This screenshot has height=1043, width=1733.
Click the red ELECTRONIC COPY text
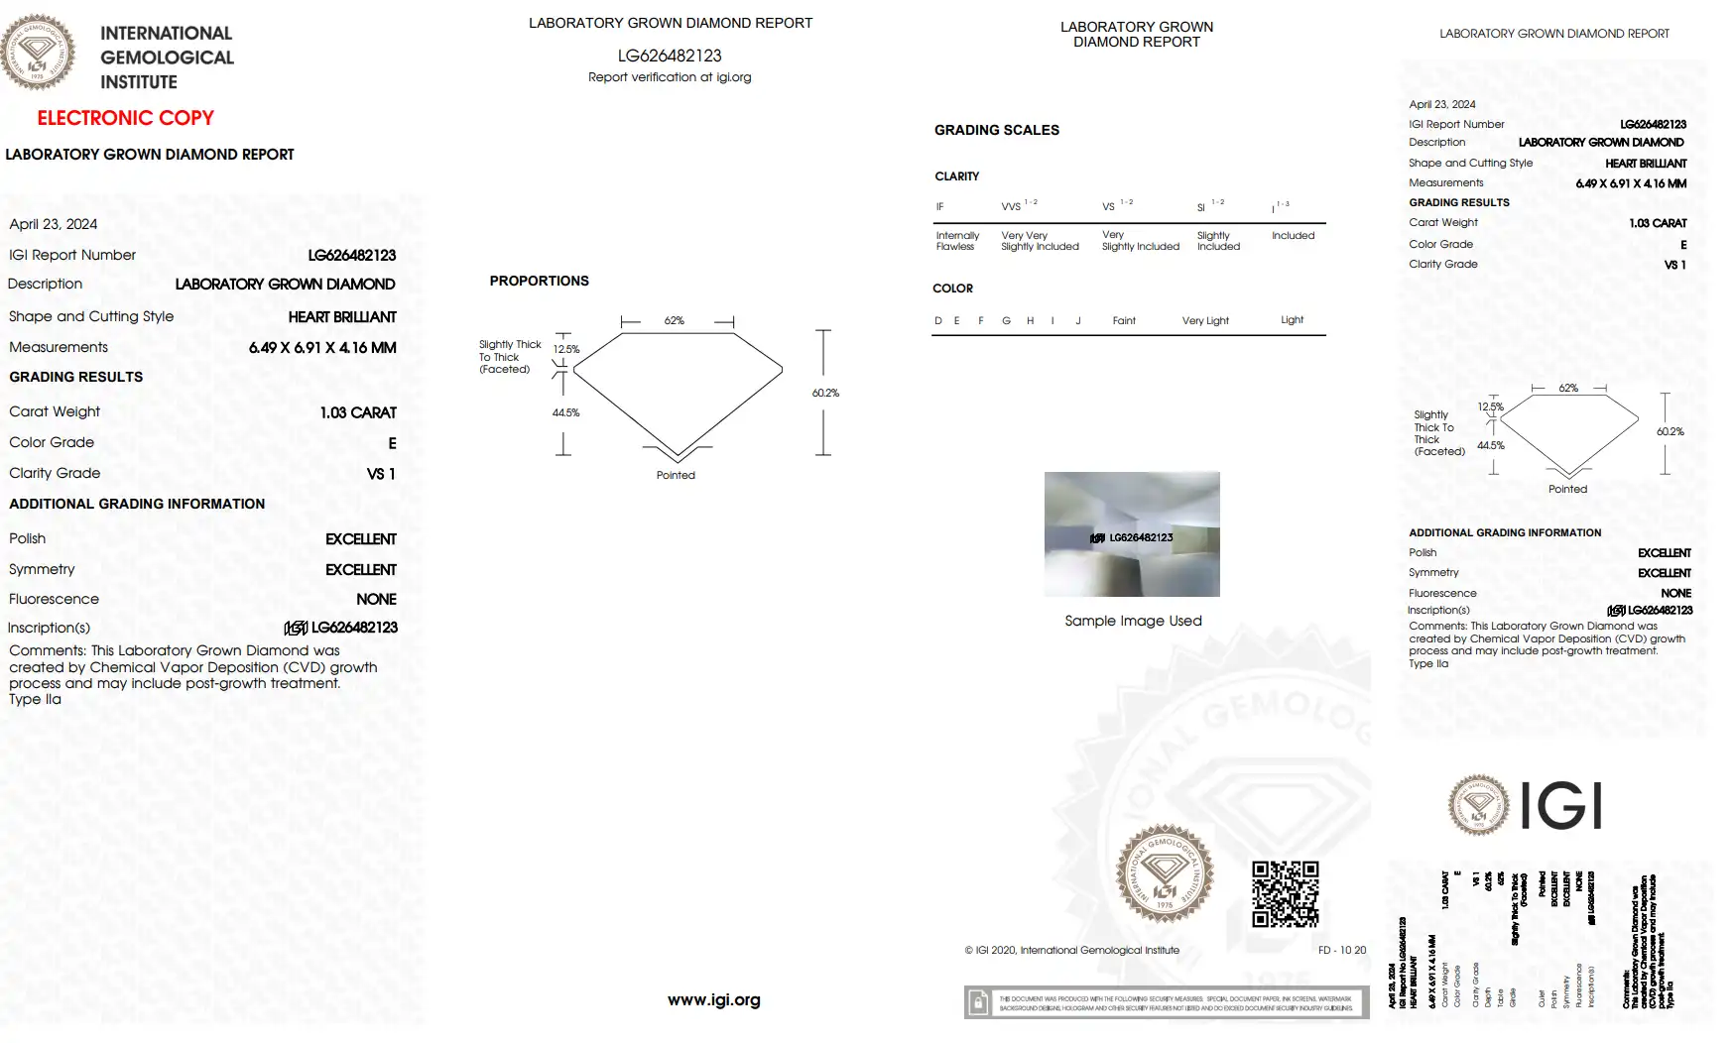pos(125,118)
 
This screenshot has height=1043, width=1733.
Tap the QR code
pos(1285,893)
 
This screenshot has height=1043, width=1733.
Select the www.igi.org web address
pos(713,1000)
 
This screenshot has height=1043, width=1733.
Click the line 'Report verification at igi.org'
pos(670,77)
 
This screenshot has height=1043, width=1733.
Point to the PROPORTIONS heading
pos(539,282)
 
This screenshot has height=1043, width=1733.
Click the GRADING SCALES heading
pos(996,130)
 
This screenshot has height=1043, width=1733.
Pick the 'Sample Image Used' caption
pos(1133,621)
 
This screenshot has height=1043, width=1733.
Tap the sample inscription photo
pos(1132,534)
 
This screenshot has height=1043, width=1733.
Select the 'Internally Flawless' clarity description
pos(956,241)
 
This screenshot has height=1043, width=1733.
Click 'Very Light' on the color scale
pos(1205,321)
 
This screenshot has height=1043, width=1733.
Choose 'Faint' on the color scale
pos(1124,321)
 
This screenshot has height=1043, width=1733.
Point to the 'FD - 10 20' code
pos(1341,950)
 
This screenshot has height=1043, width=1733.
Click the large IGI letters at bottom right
pos(1561,805)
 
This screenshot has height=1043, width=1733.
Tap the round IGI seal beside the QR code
pos(1165,873)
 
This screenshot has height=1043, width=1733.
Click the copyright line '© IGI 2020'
pos(1071,950)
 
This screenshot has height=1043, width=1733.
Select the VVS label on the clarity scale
pos(1011,206)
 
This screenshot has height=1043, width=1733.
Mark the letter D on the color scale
pos(938,321)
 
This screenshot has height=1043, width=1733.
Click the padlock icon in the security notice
pos(978,1002)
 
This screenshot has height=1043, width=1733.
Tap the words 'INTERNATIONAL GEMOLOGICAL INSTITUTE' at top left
pos(167,58)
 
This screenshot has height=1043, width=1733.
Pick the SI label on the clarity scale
pos(1201,207)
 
